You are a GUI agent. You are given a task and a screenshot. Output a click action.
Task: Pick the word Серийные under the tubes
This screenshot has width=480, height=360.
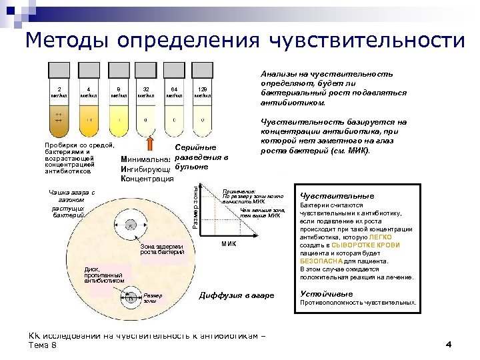(195, 148)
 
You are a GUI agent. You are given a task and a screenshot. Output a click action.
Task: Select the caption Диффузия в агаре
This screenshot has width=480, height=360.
(233, 295)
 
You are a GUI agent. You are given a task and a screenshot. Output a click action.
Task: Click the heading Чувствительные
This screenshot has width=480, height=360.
(337, 196)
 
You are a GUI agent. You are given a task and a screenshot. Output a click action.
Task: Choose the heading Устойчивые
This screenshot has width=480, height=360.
(327, 293)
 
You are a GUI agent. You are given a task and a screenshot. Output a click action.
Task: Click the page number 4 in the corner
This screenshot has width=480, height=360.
(449, 344)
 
